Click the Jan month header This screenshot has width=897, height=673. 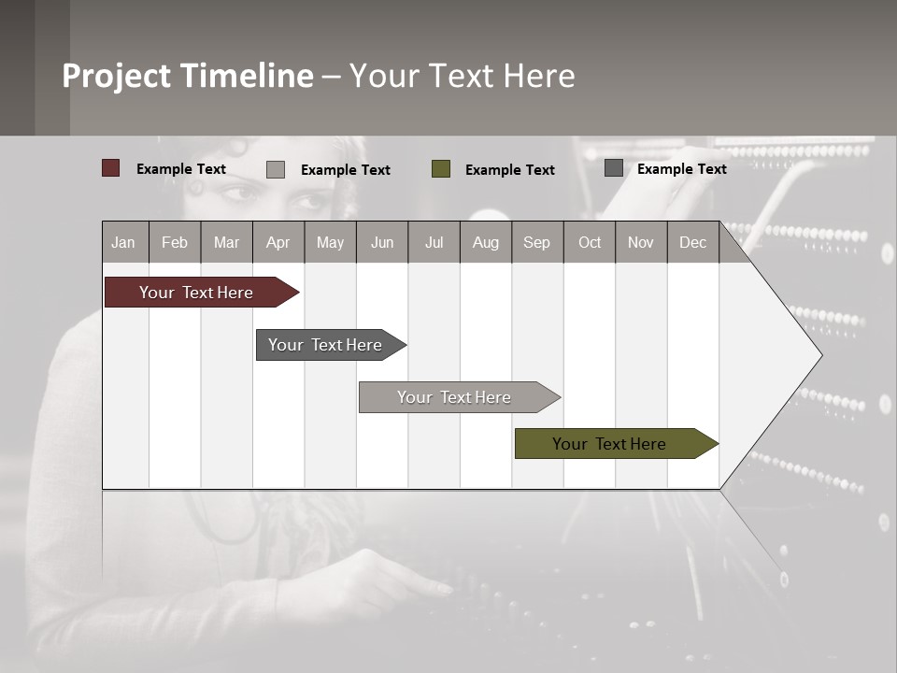tap(124, 242)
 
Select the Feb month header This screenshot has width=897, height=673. tap(175, 242)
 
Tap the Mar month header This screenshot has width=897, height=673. tap(226, 242)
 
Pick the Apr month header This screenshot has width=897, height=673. tap(278, 242)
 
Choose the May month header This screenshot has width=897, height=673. tap(330, 242)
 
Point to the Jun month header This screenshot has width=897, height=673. tap(382, 242)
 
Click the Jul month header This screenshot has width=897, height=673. tap(434, 242)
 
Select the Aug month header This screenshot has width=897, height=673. tap(486, 242)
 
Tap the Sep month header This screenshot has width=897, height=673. tap(537, 242)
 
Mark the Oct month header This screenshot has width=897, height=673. tap(590, 242)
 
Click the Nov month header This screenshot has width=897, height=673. tap(641, 242)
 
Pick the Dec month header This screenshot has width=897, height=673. tap(693, 242)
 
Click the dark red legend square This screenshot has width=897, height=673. tap(111, 168)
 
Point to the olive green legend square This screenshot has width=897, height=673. tap(441, 168)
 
